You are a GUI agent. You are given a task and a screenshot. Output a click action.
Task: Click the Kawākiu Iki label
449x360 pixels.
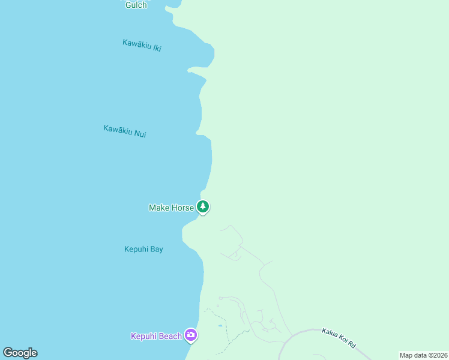point(142,45)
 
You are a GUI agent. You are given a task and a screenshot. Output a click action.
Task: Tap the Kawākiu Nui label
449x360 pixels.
point(124,131)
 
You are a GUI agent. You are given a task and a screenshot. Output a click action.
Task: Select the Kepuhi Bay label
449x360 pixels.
point(143,249)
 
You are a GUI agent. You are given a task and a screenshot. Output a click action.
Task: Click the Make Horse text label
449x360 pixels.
point(171,208)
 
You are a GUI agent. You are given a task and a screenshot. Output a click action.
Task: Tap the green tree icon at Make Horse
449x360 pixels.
point(203,207)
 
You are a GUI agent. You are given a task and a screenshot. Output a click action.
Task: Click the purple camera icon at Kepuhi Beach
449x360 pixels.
point(191,335)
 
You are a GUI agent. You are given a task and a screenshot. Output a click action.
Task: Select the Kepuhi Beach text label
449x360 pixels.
point(156,336)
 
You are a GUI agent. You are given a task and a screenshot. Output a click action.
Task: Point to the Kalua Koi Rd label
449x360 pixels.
point(339,338)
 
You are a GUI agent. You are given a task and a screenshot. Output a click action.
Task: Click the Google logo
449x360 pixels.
point(20,353)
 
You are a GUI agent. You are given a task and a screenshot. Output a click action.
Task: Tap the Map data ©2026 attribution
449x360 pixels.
point(423,355)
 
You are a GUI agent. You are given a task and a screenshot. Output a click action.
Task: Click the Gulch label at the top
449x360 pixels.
point(136,5)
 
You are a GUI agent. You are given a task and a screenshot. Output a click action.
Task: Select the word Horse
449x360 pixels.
point(181,208)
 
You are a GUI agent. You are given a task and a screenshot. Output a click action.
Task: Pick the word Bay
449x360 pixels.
point(156,249)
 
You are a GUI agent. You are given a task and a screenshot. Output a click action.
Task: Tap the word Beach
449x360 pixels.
point(170,336)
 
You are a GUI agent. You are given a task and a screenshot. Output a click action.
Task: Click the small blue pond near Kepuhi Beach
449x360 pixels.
point(221,326)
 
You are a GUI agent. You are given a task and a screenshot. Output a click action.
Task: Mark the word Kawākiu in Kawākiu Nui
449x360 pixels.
point(117,130)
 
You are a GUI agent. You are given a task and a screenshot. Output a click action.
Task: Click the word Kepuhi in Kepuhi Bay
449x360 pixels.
point(136,249)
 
